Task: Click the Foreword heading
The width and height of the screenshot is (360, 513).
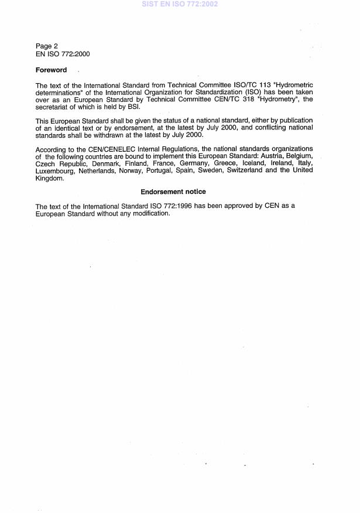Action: pyautogui.click(x=52, y=70)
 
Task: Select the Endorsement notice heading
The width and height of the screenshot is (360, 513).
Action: pyautogui.click(x=173, y=191)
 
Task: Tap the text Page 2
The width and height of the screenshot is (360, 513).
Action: pyautogui.click(x=47, y=46)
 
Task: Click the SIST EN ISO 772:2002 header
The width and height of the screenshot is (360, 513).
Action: pyautogui.click(x=180, y=5)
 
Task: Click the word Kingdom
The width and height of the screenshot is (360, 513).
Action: pyautogui.click(x=49, y=177)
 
